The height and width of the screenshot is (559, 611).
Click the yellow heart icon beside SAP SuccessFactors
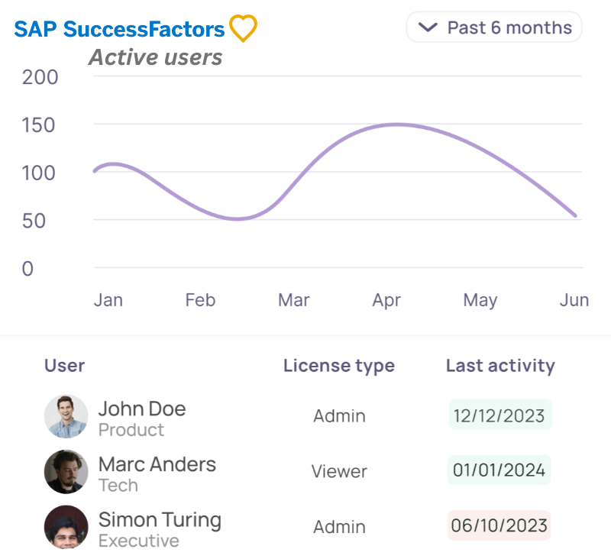click(243, 29)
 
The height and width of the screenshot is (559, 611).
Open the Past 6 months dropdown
click(494, 27)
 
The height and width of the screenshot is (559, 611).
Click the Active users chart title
click(156, 57)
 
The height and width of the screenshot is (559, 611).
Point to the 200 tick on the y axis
click(40, 77)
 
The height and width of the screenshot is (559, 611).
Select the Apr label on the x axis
click(386, 300)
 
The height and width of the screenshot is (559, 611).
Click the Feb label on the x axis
click(200, 300)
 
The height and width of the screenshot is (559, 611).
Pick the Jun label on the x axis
click(574, 300)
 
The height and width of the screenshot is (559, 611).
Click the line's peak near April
click(396, 124)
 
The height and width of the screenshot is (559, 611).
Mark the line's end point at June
click(576, 216)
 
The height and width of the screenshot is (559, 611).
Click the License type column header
click(338, 366)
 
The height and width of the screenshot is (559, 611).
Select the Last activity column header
click(500, 366)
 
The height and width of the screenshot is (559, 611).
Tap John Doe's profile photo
click(66, 416)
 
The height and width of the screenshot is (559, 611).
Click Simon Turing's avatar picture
click(66, 527)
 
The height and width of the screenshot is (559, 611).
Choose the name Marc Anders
click(157, 464)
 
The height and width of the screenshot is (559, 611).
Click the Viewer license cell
click(339, 472)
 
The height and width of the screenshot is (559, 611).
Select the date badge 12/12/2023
click(499, 416)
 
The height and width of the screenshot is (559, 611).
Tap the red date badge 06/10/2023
click(499, 526)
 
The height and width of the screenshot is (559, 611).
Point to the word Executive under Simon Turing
click(139, 541)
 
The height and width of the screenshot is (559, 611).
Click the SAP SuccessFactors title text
click(120, 30)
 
